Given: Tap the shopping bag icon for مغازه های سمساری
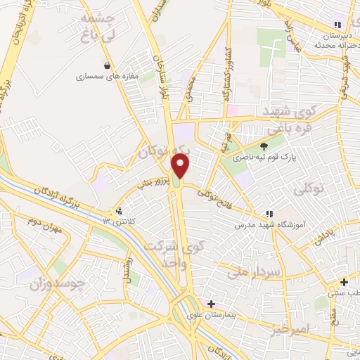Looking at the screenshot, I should tap(107, 66).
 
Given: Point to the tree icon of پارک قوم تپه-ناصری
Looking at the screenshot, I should tap(264, 146).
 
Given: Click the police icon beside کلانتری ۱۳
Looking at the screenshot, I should tap(119, 210).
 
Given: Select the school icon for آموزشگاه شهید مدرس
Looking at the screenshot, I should tap(269, 214).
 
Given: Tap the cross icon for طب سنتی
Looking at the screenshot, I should tap(344, 282).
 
